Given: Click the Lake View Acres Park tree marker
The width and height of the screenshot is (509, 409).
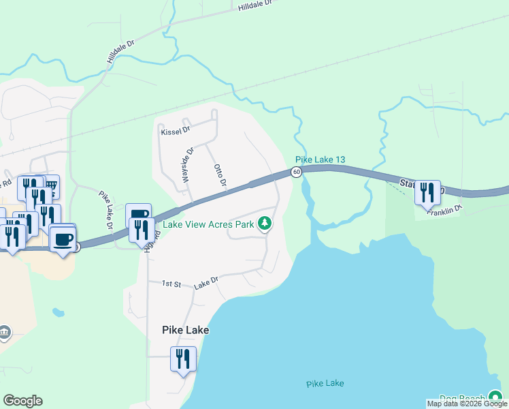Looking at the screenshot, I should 265,223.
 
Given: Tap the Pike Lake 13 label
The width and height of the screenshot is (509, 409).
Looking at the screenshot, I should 320,160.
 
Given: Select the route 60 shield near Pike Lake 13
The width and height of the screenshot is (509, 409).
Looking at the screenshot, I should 297,172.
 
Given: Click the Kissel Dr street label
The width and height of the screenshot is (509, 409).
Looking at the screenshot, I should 175,130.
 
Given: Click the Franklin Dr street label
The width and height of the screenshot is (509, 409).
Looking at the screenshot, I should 445,211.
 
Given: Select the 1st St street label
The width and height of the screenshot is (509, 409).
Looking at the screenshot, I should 169,284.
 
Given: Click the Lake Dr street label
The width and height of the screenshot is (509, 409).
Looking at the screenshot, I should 205,280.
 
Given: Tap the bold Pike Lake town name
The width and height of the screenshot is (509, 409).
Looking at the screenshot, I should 185,330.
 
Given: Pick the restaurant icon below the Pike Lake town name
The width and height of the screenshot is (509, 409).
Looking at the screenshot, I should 182,359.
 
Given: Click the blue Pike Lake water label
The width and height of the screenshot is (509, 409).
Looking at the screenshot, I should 325,383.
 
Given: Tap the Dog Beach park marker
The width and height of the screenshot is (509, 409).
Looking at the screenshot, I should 495,398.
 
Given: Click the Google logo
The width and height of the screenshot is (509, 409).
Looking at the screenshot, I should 22,401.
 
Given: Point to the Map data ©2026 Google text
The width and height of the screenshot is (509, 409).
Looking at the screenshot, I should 467,404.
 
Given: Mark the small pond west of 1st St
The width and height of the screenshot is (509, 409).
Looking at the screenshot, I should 58,313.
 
